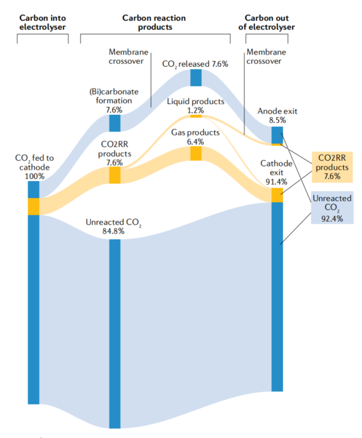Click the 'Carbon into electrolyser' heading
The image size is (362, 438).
[x=42, y=22]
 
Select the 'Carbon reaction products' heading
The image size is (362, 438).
[x=154, y=22]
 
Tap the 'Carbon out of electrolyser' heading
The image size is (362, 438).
[x=266, y=22]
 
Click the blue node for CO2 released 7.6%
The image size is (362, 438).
[x=196, y=78]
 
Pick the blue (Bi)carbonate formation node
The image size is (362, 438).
[x=115, y=123]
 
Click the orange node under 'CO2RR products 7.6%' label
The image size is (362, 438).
[x=115, y=175]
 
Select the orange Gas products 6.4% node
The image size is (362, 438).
[x=196, y=153]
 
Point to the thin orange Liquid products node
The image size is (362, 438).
[x=196, y=116]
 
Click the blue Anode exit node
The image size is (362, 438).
[x=277, y=135]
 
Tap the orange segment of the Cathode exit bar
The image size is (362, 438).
[x=277, y=195]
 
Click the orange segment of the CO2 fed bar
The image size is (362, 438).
[x=33, y=206]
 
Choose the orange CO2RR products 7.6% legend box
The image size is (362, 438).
[x=332, y=167]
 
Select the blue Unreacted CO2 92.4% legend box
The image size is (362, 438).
[x=332, y=207]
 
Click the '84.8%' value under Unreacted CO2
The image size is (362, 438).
[x=113, y=231]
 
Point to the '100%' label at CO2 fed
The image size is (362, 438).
[x=35, y=176]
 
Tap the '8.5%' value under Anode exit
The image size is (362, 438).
[x=278, y=120]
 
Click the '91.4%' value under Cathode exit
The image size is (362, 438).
[x=277, y=182]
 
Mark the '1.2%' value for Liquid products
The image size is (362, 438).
[x=196, y=110]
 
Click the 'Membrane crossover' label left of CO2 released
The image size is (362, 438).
[x=128, y=57]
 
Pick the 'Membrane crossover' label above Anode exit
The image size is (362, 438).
[x=266, y=57]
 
